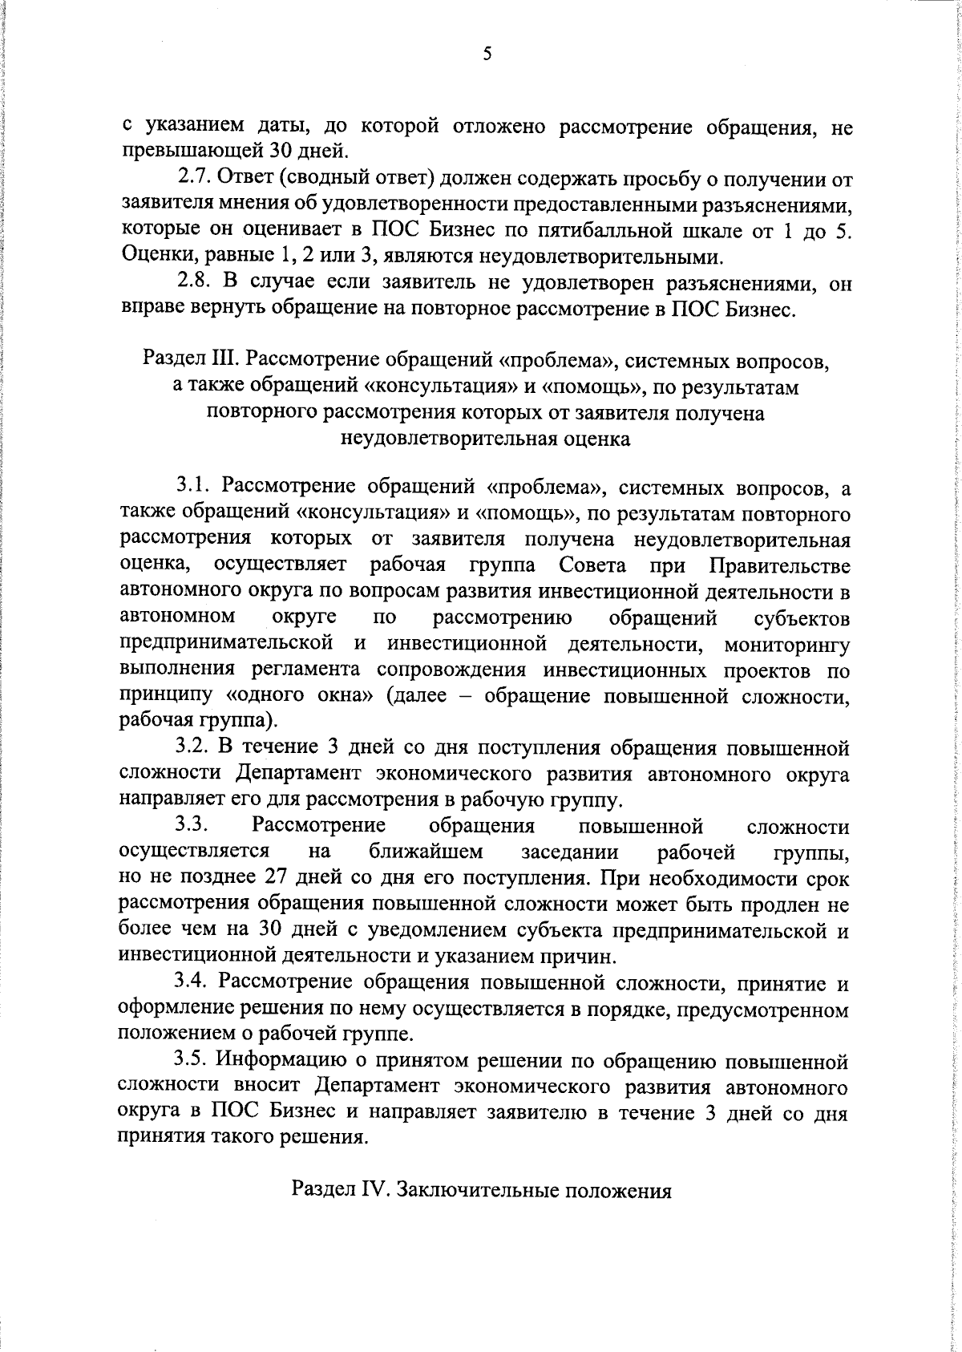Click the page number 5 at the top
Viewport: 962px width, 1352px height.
pos(487,55)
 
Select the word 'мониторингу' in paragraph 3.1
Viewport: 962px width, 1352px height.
pos(786,644)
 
